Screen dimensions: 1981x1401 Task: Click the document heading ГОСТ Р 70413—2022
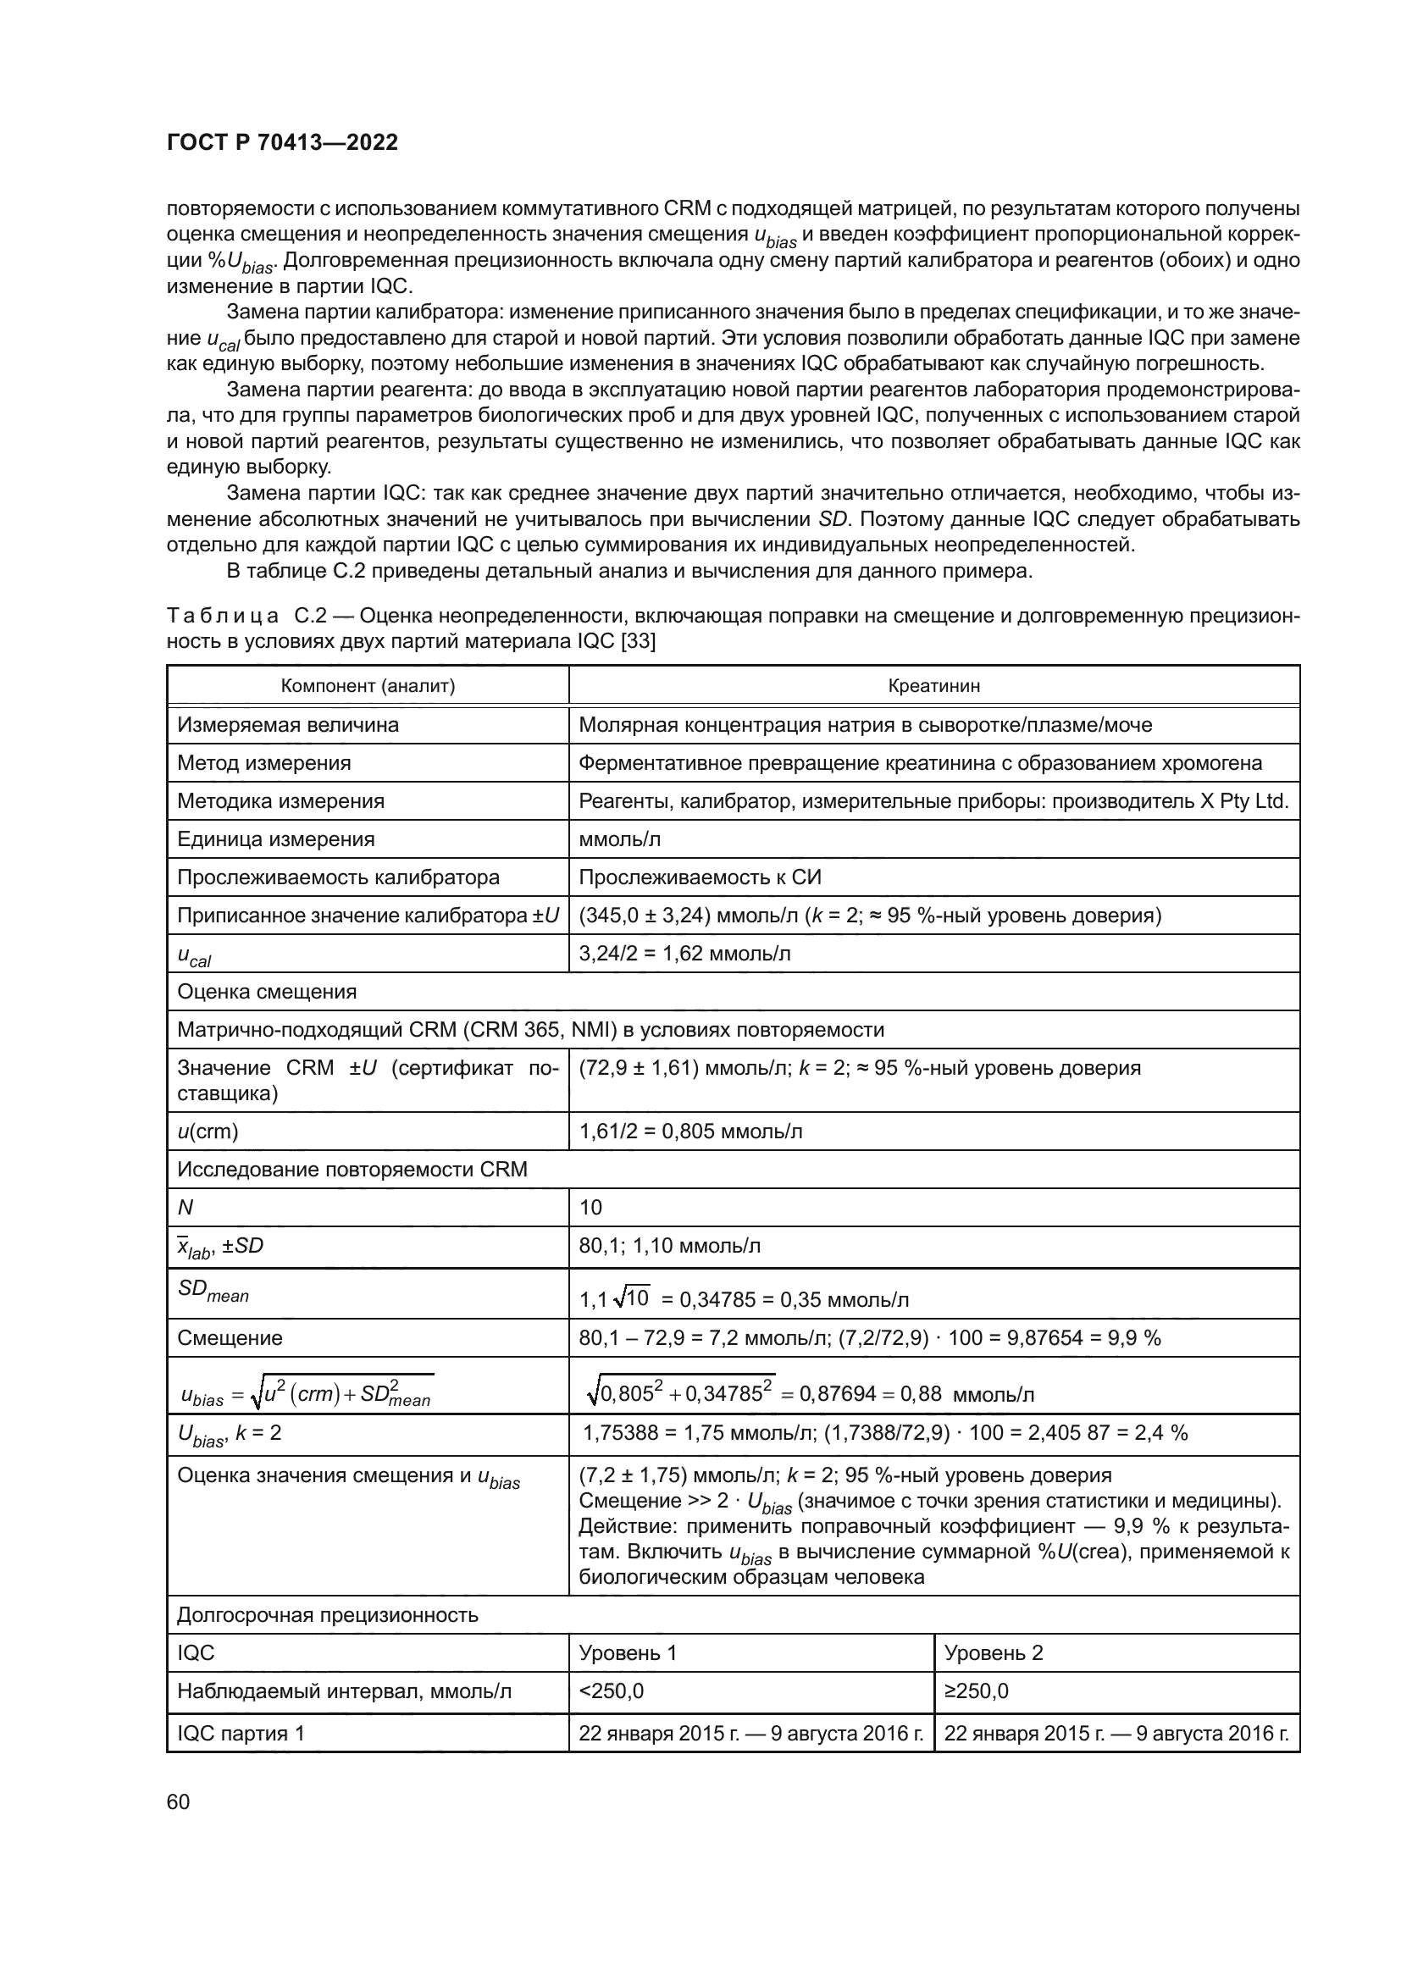pyautogui.click(x=282, y=142)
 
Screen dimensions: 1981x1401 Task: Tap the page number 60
pyautogui.click(x=179, y=1802)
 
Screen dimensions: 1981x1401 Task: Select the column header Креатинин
pyautogui.click(x=933, y=686)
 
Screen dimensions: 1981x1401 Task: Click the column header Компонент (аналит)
pyautogui.click(x=368, y=686)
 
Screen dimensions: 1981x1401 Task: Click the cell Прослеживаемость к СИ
pyautogui.click(x=700, y=877)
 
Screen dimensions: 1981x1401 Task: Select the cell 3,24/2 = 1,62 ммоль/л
pyautogui.click(x=684, y=954)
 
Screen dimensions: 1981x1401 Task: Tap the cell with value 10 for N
pyautogui.click(x=591, y=1207)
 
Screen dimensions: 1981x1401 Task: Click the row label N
pyautogui.click(x=186, y=1207)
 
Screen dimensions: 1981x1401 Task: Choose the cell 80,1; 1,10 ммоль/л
pyautogui.click(x=669, y=1246)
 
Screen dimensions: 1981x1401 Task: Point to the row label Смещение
pyautogui.click(x=230, y=1338)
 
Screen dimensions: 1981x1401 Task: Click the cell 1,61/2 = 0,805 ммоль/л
pyautogui.click(x=690, y=1132)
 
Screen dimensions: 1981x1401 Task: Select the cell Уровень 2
pyautogui.click(x=994, y=1653)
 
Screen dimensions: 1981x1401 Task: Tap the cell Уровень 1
pyautogui.click(x=628, y=1653)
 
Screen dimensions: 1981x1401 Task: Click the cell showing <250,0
pyautogui.click(x=611, y=1691)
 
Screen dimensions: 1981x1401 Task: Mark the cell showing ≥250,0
pyautogui.click(x=977, y=1691)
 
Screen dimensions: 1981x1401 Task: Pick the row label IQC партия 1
pyautogui.click(x=241, y=1734)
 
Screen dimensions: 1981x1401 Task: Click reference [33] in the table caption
pyautogui.click(x=638, y=642)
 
